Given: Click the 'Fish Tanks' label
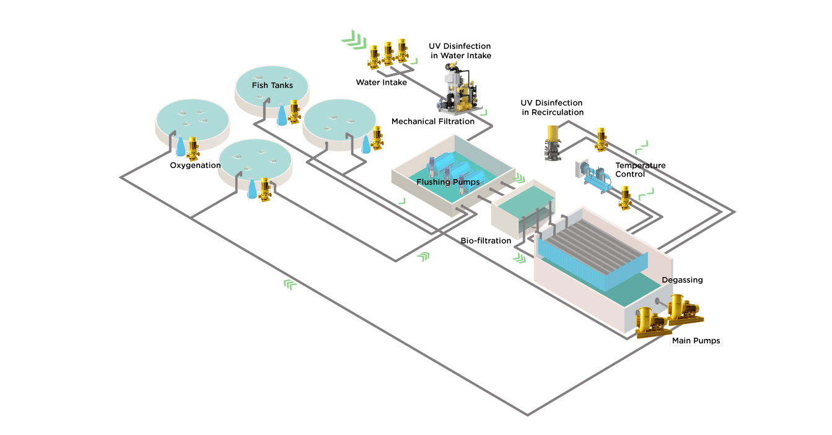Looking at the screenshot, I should [x=272, y=85].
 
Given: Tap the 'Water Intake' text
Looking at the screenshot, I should [x=381, y=82].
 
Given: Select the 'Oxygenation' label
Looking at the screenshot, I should [x=195, y=165].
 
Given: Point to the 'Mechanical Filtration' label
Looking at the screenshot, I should [x=432, y=121].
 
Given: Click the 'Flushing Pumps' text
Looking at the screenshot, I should [x=447, y=182].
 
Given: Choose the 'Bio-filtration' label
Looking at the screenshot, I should [x=486, y=240].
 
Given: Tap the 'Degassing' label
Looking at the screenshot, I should [x=682, y=280].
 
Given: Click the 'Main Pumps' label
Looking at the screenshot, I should [x=696, y=341].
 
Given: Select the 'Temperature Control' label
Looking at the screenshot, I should [x=640, y=170].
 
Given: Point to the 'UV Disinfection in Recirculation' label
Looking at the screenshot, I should [x=552, y=107].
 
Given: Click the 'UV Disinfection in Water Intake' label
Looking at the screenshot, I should [x=460, y=51].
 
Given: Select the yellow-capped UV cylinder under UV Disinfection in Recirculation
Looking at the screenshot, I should [x=553, y=143].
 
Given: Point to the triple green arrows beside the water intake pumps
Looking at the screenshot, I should [x=353, y=40].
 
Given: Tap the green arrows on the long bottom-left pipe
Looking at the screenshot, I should [x=290, y=284].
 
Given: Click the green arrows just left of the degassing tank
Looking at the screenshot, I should [x=519, y=257].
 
